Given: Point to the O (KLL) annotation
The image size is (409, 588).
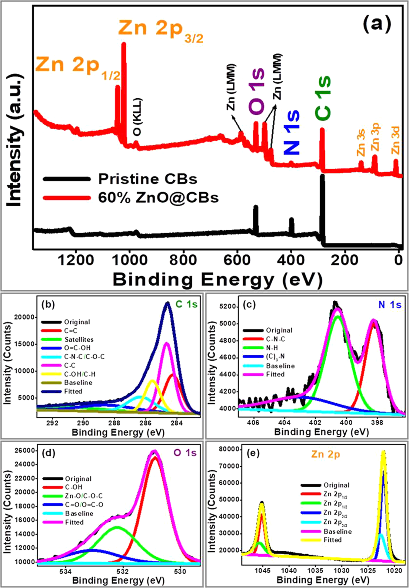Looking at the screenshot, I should tap(138, 117).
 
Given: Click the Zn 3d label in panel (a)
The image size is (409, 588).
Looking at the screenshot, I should tap(395, 141).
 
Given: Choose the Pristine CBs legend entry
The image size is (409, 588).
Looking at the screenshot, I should tap(148, 179).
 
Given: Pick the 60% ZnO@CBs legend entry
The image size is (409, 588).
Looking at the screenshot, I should tap(158, 198).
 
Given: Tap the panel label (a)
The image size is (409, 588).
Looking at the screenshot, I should tap(377, 23).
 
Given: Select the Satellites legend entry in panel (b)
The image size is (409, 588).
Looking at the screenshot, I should tap(79, 340).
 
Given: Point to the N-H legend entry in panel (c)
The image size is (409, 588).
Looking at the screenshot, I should tap(272, 348).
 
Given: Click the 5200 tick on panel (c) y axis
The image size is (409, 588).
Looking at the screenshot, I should tap(228, 307).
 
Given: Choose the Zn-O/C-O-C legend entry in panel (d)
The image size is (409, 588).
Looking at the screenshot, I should tap(84, 496).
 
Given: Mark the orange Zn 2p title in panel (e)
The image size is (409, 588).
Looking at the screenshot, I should tap(325, 454).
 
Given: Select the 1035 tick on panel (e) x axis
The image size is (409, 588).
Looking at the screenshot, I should tap(315, 571).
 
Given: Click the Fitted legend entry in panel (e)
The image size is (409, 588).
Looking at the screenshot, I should tap(332, 540).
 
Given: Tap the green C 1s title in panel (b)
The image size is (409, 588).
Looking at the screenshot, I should tap(187, 304).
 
